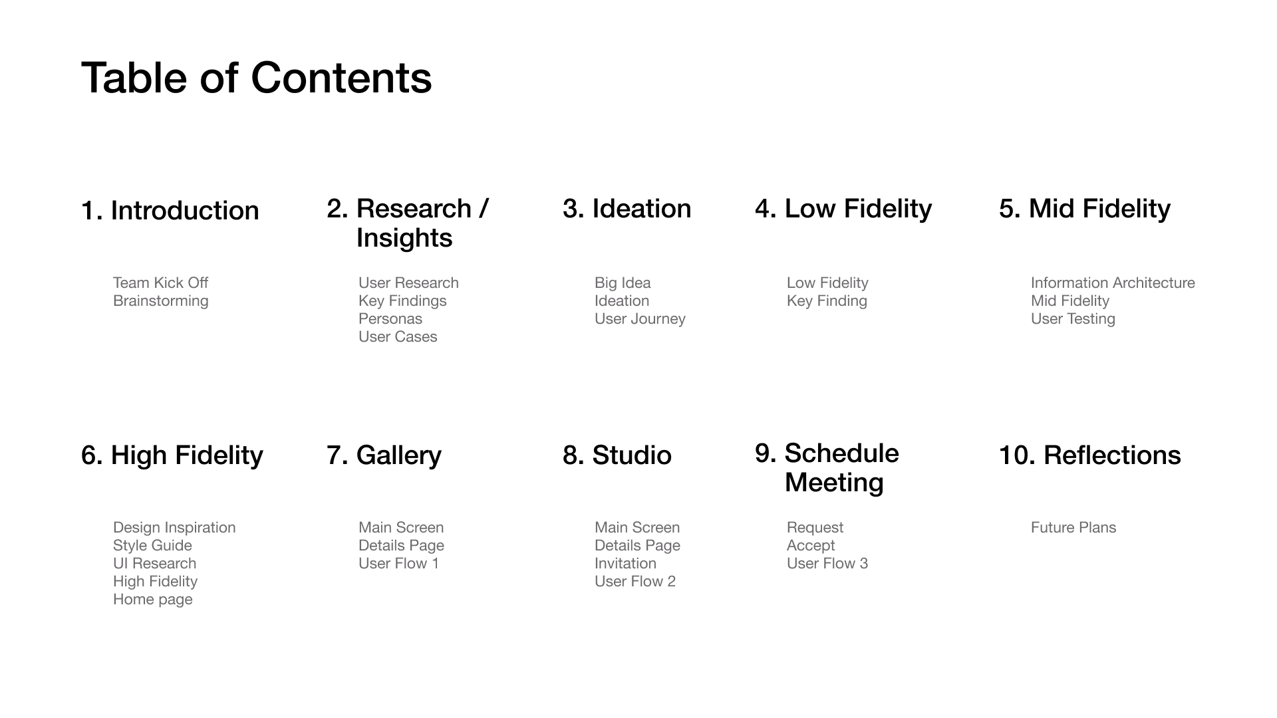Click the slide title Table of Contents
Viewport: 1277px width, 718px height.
[257, 78]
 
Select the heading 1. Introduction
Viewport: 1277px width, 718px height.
[170, 211]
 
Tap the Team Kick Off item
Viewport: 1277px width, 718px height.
[160, 283]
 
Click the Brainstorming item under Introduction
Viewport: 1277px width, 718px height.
[160, 301]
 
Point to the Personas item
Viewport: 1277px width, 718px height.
[390, 318]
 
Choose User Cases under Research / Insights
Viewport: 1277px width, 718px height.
[398, 336]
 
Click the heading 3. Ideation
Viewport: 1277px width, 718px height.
[627, 209]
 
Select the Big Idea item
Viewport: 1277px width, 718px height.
[623, 283]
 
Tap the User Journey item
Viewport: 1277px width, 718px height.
[640, 319]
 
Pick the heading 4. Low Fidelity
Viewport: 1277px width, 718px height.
[843, 209]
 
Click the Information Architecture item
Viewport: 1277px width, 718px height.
[1113, 283]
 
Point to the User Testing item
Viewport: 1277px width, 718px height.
[1073, 319]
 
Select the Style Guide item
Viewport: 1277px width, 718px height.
[152, 545]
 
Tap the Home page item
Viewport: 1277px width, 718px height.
[153, 600]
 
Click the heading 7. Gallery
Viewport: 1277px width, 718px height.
[384, 455]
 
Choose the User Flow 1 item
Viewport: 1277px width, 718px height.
[398, 563]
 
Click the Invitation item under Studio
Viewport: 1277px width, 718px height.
[625, 563]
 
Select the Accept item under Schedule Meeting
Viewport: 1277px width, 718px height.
[811, 546]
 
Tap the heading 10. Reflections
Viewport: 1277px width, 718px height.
[1090, 455]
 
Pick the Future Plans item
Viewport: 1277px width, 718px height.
[1073, 527]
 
